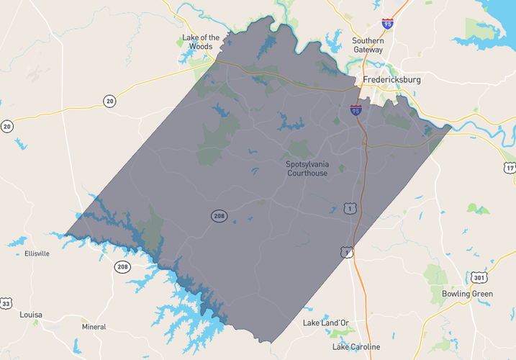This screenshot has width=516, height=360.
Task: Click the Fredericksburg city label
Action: (391, 80)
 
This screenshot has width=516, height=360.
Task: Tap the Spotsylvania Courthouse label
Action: (307, 168)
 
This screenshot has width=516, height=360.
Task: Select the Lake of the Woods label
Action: (201, 42)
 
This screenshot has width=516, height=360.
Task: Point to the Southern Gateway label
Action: (368, 45)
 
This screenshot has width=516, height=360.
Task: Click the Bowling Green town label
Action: (467, 294)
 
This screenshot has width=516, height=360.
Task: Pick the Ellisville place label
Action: (37, 254)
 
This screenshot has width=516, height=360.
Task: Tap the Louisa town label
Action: (31, 315)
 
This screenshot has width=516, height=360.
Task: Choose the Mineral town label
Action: (94, 327)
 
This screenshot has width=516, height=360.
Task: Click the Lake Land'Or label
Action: (325, 323)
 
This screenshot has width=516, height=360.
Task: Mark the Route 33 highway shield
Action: (6, 302)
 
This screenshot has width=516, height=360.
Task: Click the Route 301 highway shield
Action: (480, 277)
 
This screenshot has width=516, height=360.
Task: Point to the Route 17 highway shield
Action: (510, 168)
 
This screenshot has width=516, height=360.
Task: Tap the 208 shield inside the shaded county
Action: (219, 215)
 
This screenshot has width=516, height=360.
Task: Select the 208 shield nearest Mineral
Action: (122, 267)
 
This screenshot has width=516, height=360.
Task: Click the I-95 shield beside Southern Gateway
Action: (388, 24)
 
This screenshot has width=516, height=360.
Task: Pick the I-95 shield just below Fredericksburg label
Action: (356, 110)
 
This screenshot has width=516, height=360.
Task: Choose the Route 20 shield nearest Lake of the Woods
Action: (109, 101)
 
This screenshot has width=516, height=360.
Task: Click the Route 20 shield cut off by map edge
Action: (6, 126)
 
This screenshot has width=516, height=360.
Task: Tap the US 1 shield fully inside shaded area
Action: (350, 208)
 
